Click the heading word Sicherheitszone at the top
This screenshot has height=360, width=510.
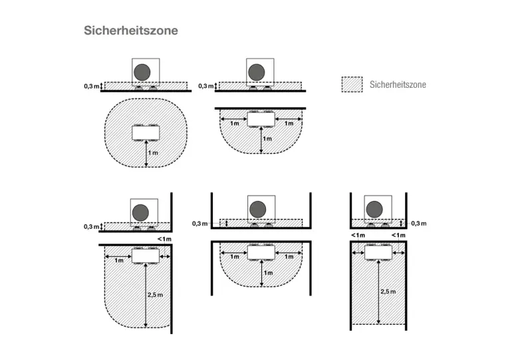tap(131, 31)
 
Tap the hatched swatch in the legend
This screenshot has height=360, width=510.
tap(352, 85)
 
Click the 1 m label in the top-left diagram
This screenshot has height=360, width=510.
tap(154, 153)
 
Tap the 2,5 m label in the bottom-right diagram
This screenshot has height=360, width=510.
tap(388, 291)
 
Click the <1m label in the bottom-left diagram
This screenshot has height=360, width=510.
tap(164, 239)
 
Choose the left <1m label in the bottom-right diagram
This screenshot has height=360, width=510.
tap(358, 235)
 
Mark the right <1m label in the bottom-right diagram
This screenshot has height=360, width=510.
tap(399, 235)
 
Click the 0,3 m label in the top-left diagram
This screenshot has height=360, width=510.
tap(92, 86)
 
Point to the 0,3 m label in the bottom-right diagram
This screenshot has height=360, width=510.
tap(418, 223)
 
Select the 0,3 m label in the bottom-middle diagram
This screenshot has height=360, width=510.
tap(199, 224)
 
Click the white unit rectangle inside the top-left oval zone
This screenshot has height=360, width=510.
tap(145, 132)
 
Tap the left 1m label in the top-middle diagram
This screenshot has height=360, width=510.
tap(234, 123)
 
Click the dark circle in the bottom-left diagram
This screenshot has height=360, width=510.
tap(140, 212)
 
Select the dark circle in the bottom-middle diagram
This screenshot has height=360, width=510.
tap(257, 209)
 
